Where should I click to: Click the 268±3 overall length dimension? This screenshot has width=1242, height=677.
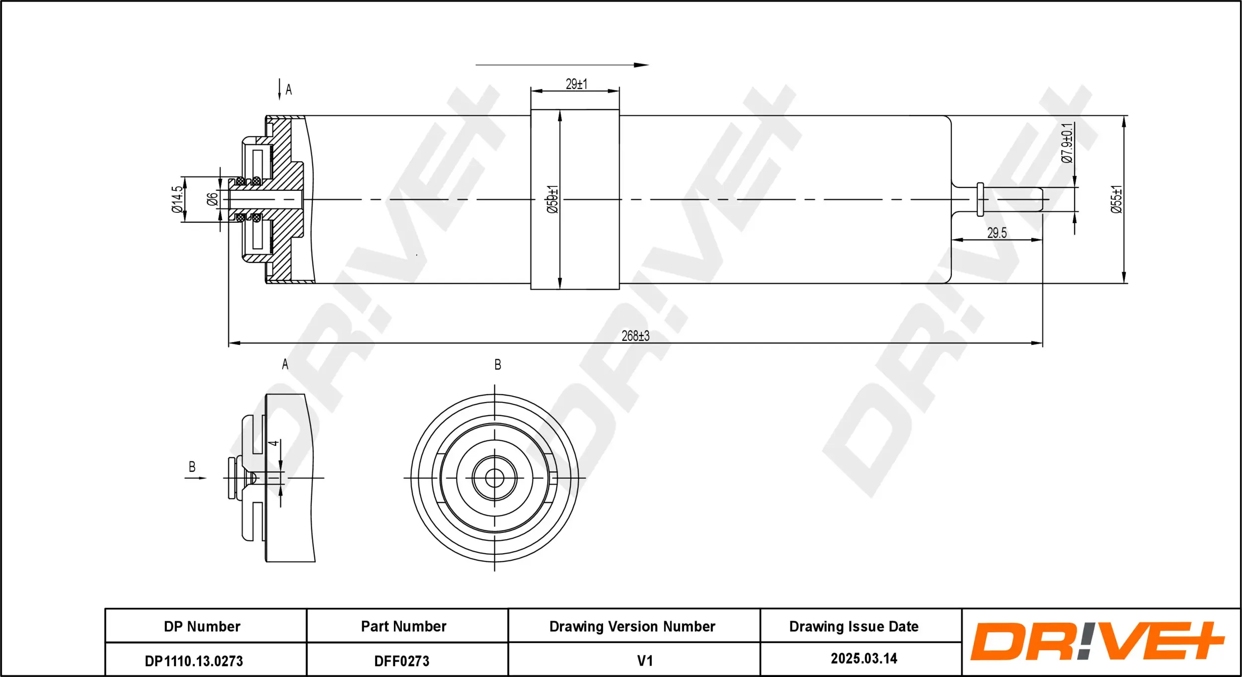coord(635,336)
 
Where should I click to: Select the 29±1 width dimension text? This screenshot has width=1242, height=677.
coord(576,84)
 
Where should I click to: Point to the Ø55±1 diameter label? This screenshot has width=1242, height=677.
coord(1116,199)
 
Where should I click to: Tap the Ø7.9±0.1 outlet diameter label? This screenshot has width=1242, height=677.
coord(1067,143)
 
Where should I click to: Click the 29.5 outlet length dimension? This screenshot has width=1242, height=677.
coord(997,233)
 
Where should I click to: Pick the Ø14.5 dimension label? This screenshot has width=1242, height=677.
coord(177,199)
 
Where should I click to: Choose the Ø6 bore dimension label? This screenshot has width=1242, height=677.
coord(212,199)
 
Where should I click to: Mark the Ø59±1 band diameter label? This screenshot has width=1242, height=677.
coord(552,199)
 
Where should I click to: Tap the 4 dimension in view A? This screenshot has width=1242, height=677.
coord(273,443)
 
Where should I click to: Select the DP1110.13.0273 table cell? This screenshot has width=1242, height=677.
coord(194,661)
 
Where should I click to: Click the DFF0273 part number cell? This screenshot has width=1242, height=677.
coord(401,661)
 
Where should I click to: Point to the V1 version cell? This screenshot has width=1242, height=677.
coord(644,661)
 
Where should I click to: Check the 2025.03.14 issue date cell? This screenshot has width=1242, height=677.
coord(864,659)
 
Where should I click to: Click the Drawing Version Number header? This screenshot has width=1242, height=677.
coord(632,626)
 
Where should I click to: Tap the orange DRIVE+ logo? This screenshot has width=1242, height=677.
coord(1097,641)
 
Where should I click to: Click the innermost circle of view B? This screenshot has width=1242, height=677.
coord(494,478)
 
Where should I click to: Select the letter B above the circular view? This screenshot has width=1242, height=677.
coord(497,365)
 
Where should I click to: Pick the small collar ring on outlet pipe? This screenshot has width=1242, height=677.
coord(980,199)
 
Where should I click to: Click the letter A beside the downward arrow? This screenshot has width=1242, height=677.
coord(289,90)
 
